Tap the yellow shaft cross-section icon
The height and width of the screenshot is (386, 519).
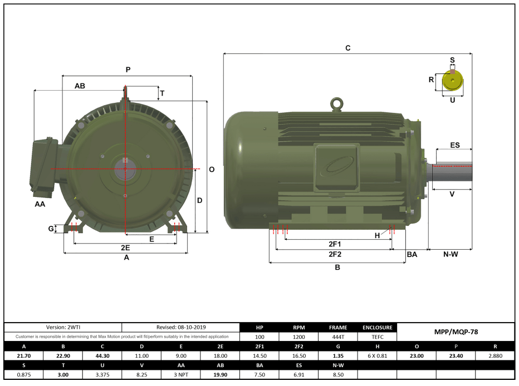(x=452, y=82)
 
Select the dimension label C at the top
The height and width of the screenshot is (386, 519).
(x=347, y=48)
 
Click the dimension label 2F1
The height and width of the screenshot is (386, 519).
(x=334, y=244)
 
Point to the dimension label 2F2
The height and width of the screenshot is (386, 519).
(x=334, y=254)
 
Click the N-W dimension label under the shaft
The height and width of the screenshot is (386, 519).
(x=450, y=254)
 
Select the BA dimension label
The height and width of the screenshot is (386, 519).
(x=412, y=254)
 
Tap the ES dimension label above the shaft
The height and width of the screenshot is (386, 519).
(x=454, y=145)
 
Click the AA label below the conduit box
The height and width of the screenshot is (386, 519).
(x=40, y=204)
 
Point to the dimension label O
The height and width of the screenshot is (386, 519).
(x=212, y=170)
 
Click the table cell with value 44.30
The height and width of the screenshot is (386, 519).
(x=102, y=355)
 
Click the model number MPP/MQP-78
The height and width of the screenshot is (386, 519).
(x=456, y=332)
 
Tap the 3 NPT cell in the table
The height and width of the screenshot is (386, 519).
(x=180, y=374)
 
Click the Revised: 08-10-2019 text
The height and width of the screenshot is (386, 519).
(x=180, y=328)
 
